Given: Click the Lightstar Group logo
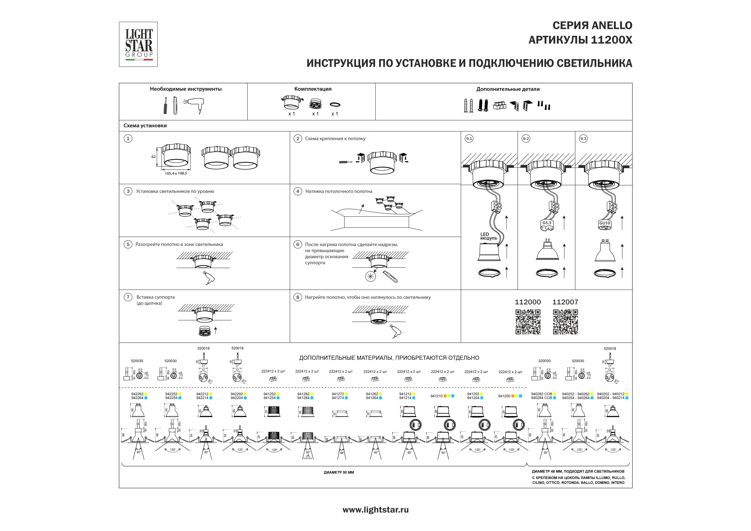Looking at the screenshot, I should click(x=138, y=44).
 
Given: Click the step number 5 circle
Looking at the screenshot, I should click(x=128, y=244).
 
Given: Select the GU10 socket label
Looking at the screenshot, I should click(x=605, y=223).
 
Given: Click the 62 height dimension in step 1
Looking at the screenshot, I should click(x=153, y=157).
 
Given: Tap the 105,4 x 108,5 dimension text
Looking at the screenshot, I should click(x=176, y=173).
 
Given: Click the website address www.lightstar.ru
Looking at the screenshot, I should click(x=375, y=510).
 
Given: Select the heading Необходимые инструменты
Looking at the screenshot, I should click(x=186, y=89).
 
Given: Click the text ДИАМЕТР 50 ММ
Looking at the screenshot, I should click(x=339, y=472).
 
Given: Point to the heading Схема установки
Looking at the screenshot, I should click(x=145, y=126).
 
